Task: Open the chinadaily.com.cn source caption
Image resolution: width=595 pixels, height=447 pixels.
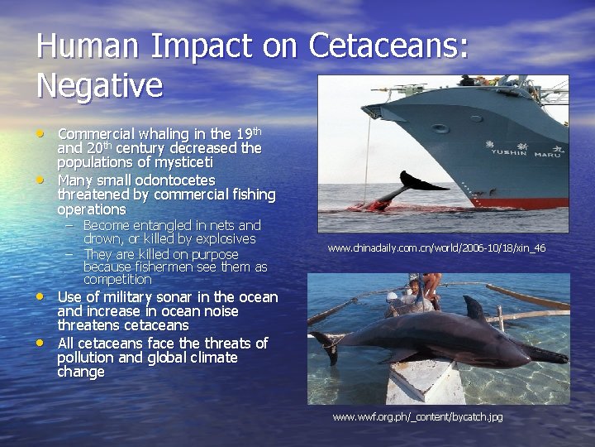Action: [x=436, y=248]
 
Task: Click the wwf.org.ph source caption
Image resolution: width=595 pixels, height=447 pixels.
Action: [x=416, y=416]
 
